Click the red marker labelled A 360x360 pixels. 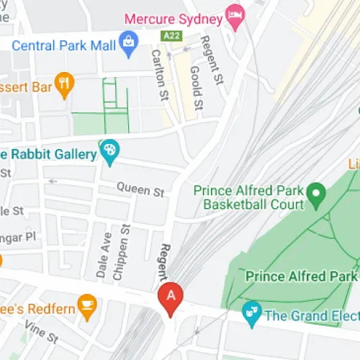pos(171,297)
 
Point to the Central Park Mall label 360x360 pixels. pos(64,45)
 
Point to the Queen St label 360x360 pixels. pos(142,190)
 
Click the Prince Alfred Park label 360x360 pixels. pos(301,276)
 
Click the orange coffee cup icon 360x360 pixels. pos(88,306)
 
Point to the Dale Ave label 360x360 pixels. pos(103,255)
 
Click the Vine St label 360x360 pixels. pos(41,332)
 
